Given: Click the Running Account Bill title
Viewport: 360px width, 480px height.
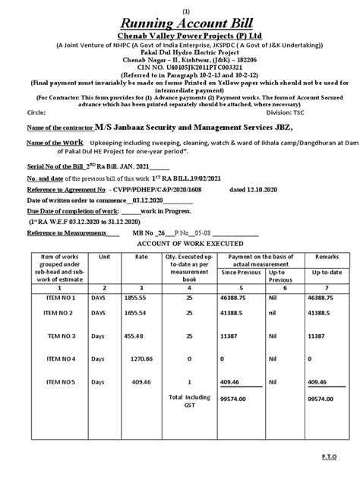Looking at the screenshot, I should pos(180,22).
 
